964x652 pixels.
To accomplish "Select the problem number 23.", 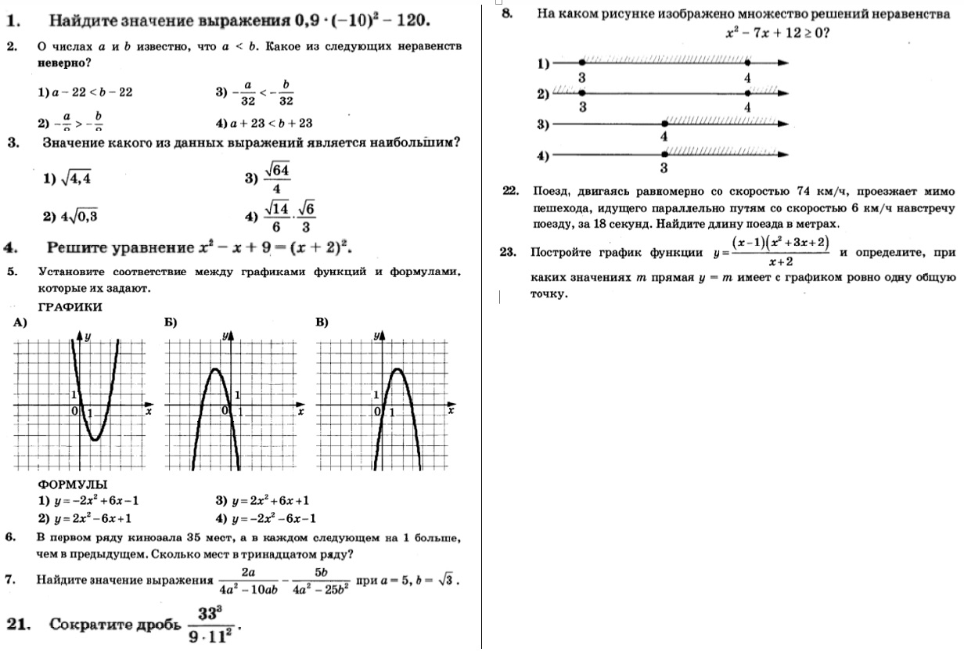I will coord(508,252).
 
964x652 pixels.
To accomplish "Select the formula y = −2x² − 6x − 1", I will coord(273,518).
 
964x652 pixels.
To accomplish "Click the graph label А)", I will coord(20,322).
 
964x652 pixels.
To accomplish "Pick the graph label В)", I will coord(322,322).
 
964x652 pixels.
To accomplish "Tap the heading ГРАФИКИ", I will coord(70,307).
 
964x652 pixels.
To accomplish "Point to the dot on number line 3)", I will coord(664,124).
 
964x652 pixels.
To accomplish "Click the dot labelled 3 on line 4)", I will coord(664,155).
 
